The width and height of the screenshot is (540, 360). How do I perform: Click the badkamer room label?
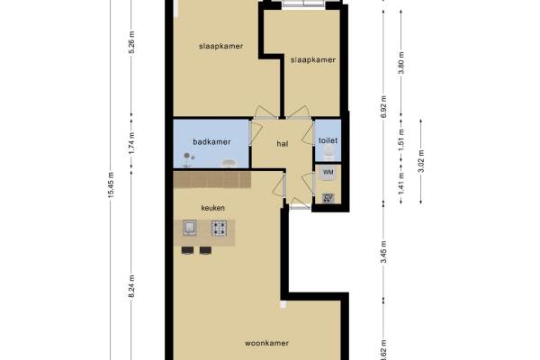(x=211, y=141)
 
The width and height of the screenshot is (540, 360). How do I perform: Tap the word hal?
(x=283, y=144)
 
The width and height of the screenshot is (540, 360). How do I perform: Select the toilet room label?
(x=328, y=140)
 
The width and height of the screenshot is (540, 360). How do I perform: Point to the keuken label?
(x=212, y=208)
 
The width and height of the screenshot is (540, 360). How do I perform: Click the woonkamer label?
(x=266, y=343)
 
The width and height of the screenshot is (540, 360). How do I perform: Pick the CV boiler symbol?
(x=328, y=198)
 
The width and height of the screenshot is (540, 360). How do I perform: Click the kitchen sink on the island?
(x=189, y=228)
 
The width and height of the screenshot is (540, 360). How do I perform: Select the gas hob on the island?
(x=219, y=228)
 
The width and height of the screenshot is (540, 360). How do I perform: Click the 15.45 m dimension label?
(x=111, y=184)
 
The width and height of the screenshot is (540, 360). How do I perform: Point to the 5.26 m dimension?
(x=131, y=42)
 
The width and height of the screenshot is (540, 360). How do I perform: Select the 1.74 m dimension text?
(x=131, y=143)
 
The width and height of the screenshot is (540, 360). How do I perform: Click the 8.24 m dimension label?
(x=131, y=287)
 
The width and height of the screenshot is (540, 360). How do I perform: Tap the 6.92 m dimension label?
(x=384, y=106)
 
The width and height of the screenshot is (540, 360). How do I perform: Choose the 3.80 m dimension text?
(x=400, y=63)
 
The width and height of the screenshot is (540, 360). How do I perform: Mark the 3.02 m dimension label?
(x=421, y=161)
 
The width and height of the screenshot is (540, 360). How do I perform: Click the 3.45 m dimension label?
(x=384, y=252)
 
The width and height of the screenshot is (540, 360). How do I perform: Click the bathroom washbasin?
(x=228, y=163)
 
